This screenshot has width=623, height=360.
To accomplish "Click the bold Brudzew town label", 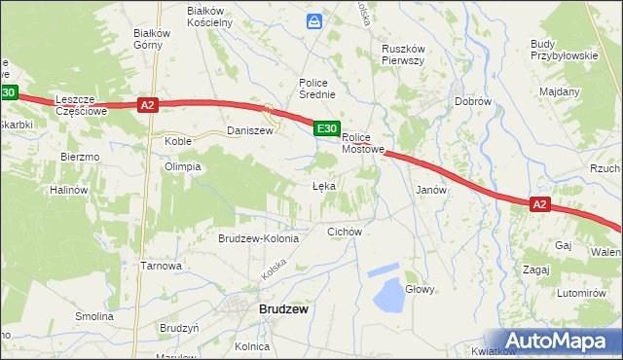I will tap(284, 309).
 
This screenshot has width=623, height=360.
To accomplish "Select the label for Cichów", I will tap(345, 232).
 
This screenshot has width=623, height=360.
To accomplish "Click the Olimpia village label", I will tap(182, 166).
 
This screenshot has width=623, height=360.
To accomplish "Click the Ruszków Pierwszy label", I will tap(404, 53).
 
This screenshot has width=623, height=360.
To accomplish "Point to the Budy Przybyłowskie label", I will tap(564, 50).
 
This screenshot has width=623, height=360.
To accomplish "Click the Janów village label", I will tap(431, 190).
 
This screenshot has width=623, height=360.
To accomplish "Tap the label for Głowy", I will tap(420, 289).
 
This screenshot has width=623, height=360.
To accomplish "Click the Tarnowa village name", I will tap(162, 266).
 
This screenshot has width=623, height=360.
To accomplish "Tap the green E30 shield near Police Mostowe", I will tap(326, 127).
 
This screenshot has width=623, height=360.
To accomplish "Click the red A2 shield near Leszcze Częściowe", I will tap(147, 105).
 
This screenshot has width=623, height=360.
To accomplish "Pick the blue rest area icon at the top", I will tap(314, 20).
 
